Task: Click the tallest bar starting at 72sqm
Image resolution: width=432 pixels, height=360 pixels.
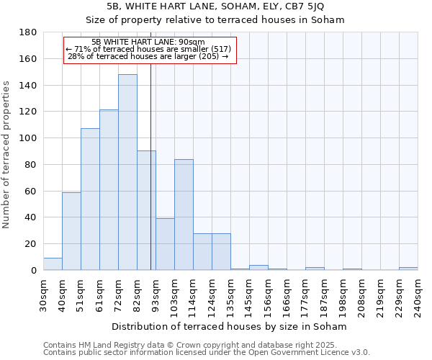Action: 127,172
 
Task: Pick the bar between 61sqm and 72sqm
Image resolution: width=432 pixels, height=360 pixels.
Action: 109,190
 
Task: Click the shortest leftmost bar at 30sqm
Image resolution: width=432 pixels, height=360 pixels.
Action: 53,264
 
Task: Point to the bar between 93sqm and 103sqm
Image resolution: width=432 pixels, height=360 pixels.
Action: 165,244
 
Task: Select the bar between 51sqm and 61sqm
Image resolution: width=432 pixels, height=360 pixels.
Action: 90,199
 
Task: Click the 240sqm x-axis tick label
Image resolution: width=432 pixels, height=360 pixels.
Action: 418,296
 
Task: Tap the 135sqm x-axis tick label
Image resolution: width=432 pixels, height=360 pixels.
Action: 231,296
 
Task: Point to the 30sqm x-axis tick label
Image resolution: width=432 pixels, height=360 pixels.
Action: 44,295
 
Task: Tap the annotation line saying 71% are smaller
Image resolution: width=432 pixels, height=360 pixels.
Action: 148,49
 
